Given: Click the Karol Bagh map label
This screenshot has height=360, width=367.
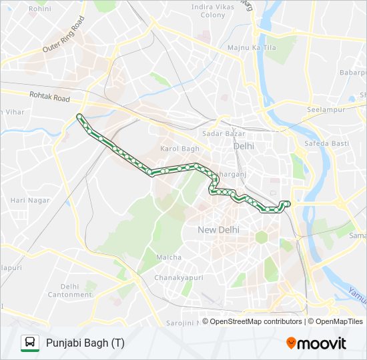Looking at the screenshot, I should click(179, 149).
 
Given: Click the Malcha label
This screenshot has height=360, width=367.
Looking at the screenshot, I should click(169, 257).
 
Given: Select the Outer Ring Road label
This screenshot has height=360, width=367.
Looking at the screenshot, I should click(64, 36).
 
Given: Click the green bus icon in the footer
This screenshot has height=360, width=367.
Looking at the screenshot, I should click(29, 343).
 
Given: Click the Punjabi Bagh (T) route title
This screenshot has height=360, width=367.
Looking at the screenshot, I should click(85, 343).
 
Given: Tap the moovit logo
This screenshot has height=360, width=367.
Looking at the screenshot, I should click(316, 343).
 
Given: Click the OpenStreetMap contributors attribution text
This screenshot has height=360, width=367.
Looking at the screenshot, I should click(252, 321).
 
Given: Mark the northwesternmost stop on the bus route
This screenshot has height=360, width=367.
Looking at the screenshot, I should click(79, 117).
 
